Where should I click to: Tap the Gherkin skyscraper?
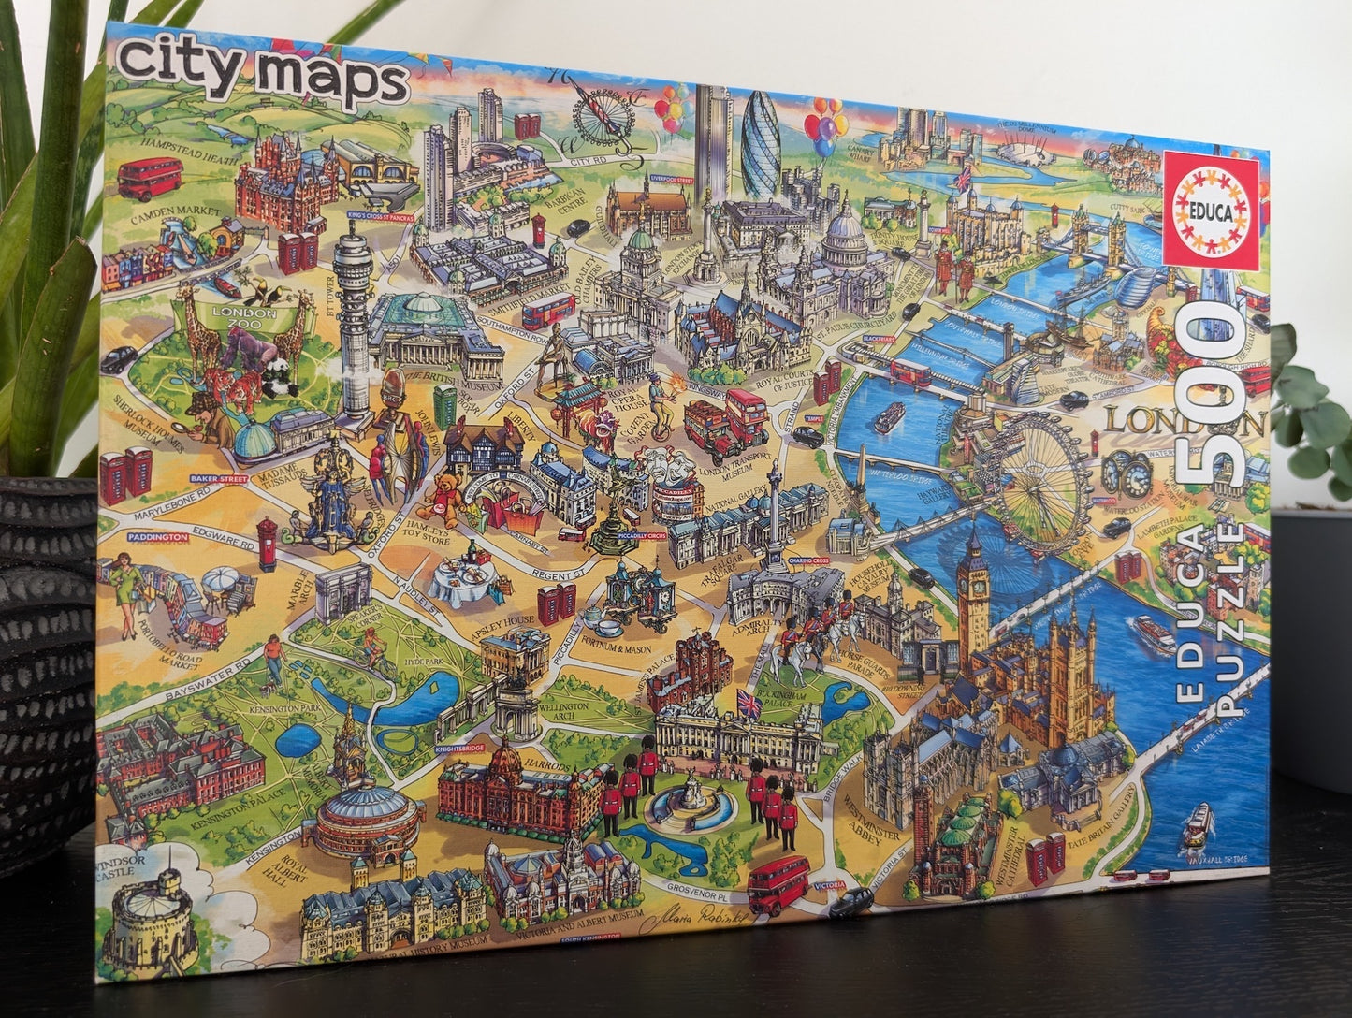point(760,145)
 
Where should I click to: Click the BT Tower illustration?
point(354,318)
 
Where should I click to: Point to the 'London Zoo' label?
point(245,313)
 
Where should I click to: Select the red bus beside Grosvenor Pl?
point(778,882)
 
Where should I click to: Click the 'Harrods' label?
point(549,764)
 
